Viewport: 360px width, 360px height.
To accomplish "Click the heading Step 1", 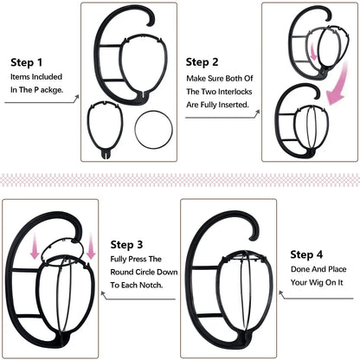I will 27,62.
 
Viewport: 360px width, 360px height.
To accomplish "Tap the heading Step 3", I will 132,245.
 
